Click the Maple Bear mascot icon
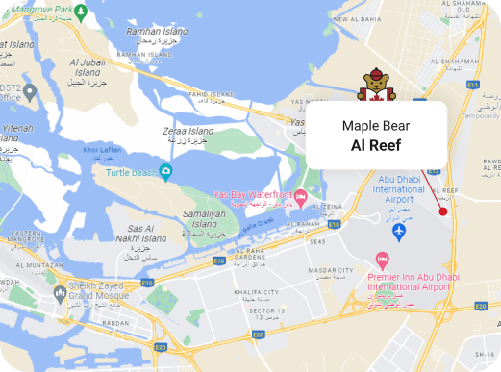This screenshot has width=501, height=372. click(376, 85)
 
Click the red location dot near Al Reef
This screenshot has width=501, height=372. click(442, 211)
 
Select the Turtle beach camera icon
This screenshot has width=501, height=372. click(166, 172)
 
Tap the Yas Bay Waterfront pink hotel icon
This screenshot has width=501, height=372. click(300, 199)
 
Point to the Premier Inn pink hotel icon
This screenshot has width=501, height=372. click(383, 259)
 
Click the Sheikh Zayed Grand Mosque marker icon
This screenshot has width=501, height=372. click(61, 291)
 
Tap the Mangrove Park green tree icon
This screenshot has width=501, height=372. click(81, 11)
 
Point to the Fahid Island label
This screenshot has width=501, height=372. click(211, 94)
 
